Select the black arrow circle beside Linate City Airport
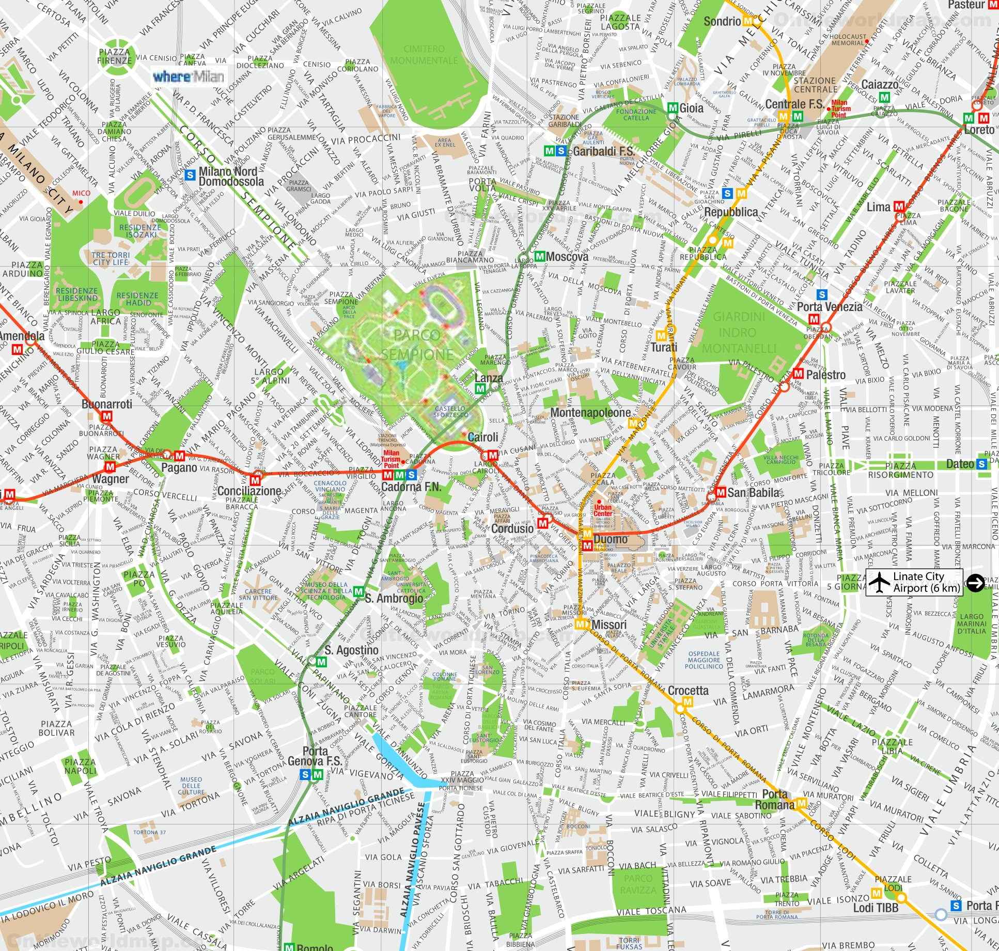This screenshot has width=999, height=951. (x=975, y=582)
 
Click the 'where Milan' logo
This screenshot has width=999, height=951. (x=189, y=77)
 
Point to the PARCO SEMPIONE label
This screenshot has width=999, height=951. (x=417, y=345)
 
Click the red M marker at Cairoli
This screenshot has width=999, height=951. (x=492, y=455)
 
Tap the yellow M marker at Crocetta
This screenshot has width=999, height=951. (x=687, y=701)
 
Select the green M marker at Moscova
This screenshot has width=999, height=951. (x=540, y=256)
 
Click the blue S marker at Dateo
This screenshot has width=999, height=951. (x=981, y=464)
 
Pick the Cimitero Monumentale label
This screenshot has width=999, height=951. (x=424, y=55)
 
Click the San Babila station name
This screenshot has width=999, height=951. (x=753, y=492)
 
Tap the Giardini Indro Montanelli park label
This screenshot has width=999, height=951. (x=739, y=333)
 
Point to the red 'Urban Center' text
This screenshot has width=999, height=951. (x=603, y=510)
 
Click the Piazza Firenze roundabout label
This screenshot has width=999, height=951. (x=115, y=56)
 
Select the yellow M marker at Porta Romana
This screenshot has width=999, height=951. (x=801, y=803)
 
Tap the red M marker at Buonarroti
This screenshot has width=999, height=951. (x=107, y=416)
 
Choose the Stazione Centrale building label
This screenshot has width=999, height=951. (x=815, y=85)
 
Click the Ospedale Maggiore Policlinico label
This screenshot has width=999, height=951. (x=704, y=660)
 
